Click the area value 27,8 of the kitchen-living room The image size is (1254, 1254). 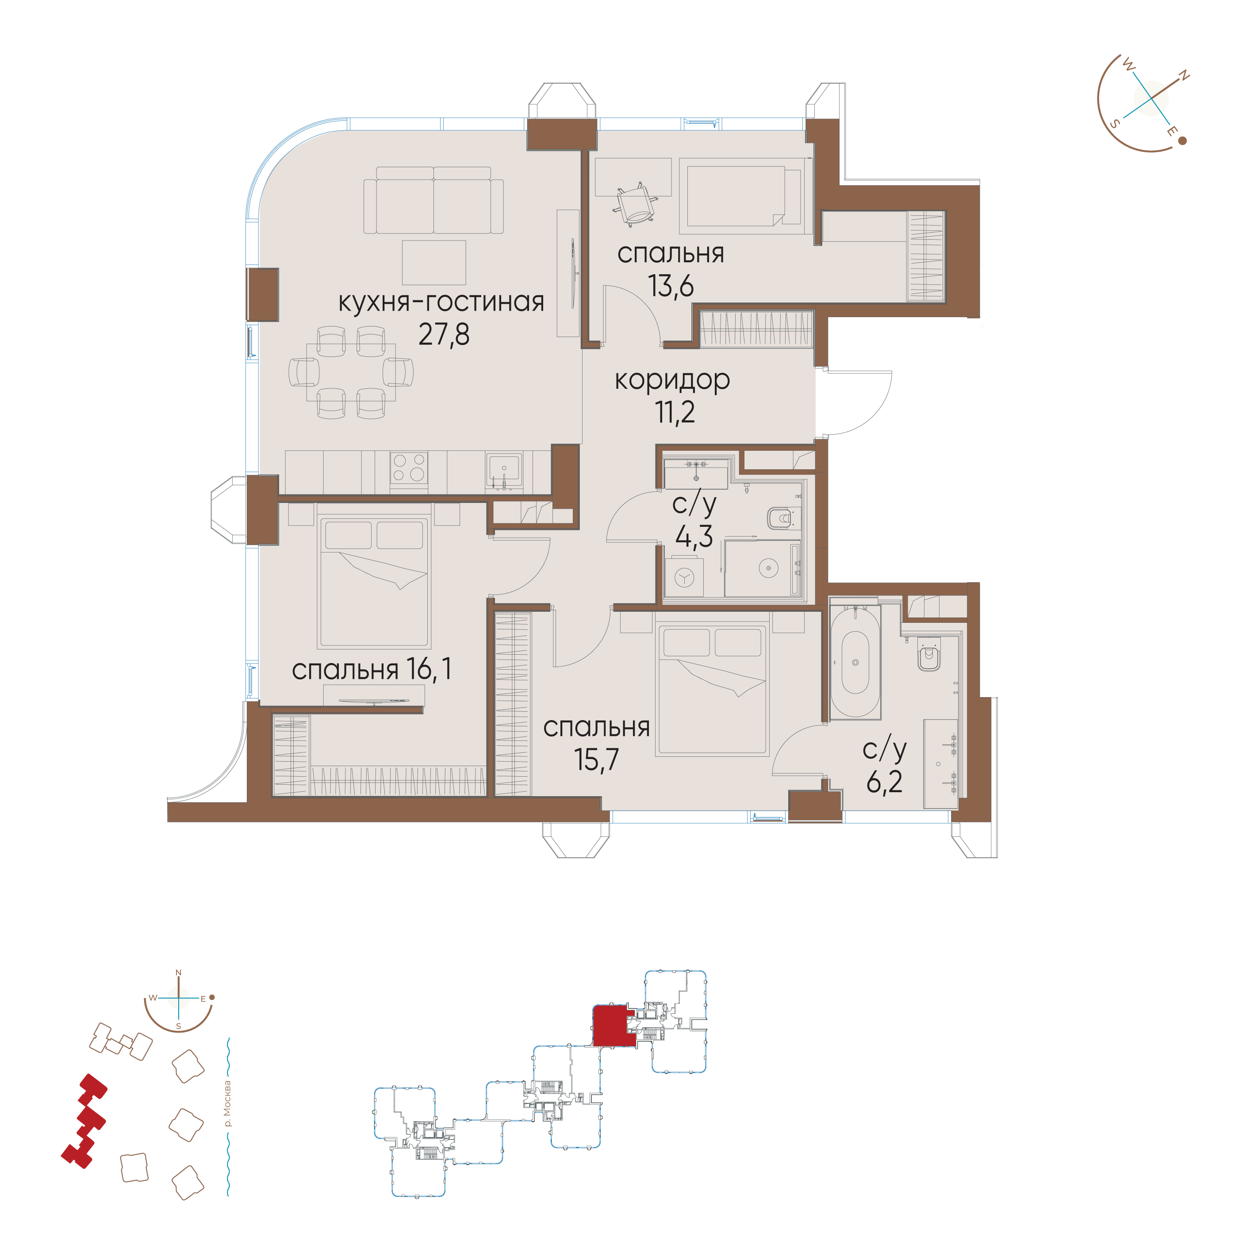444,335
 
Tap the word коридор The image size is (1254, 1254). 672,381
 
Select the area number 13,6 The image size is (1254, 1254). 671,286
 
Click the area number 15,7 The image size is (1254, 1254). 597,759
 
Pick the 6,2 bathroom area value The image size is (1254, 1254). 884,782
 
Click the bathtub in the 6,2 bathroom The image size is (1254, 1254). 855,662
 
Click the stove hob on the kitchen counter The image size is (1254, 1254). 409,468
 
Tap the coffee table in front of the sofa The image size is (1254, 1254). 433,262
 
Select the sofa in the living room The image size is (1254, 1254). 433,200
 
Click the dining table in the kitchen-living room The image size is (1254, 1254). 351,372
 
